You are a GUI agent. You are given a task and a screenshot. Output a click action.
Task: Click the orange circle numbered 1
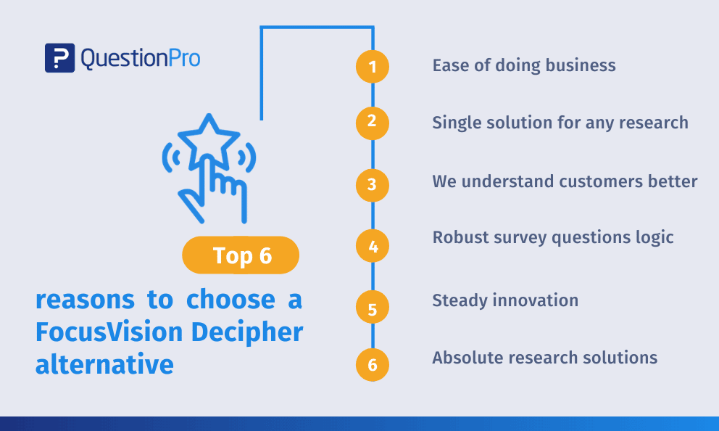[x=373, y=67]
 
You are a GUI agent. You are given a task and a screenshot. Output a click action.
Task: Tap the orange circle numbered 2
[x=373, y=123]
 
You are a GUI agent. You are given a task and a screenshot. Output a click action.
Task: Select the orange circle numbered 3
[x=373, y=185]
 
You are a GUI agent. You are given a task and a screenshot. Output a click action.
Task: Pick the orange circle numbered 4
[x=373, y=246]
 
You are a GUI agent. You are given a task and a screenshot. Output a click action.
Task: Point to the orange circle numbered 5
[x=373, y=307]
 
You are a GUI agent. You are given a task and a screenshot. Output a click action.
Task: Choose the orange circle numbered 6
[x=373, y=365]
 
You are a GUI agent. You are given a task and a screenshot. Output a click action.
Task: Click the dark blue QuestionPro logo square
[x=59, y=58]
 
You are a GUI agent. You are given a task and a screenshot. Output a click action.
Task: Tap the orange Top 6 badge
[x=241, y=255]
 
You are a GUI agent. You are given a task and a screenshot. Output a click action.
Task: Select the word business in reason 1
[x=581, y=65]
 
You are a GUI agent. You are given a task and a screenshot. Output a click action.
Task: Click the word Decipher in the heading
[x=247, y=332]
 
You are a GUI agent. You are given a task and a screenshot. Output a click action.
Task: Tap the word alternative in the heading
[x=104, y=364]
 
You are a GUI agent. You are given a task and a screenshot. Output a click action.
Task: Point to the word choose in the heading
[x=230, y=299]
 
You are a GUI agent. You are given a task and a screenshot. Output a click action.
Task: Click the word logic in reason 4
[x=654, y=238]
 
